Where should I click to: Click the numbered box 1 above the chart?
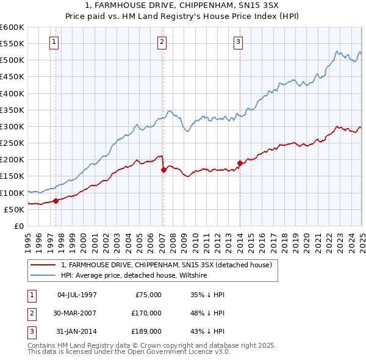pos(55,42)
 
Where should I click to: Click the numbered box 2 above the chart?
pos(162,42)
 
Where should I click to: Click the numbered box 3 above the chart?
pos(238,42)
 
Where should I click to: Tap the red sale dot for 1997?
pos(56,201)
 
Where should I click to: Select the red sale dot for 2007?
pos(163,170)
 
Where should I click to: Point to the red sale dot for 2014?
pos(240,163)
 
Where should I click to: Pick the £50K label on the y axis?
pos(15,209)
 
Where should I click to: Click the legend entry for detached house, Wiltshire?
pos(134,276)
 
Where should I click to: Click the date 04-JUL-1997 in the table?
pos(76,295)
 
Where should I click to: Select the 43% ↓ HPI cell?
pos(207,331)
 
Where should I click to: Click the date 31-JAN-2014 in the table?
pos(76,331)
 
